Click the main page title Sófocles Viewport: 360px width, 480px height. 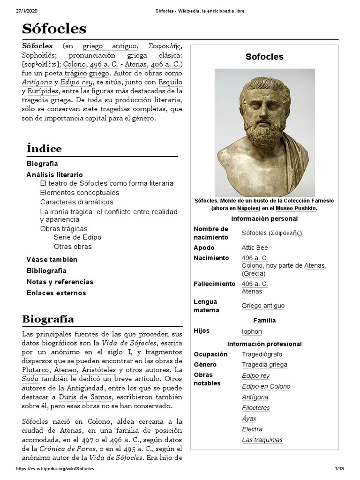54,29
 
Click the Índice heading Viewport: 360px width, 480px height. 44,149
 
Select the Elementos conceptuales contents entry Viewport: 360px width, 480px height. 80,193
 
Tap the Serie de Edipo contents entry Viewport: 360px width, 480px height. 77,237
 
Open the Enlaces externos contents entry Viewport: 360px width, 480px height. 56,293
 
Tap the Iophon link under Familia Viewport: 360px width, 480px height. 252,331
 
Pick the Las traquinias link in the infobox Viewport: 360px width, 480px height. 262,440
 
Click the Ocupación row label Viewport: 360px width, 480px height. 210,354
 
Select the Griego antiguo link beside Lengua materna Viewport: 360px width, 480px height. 263,306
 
